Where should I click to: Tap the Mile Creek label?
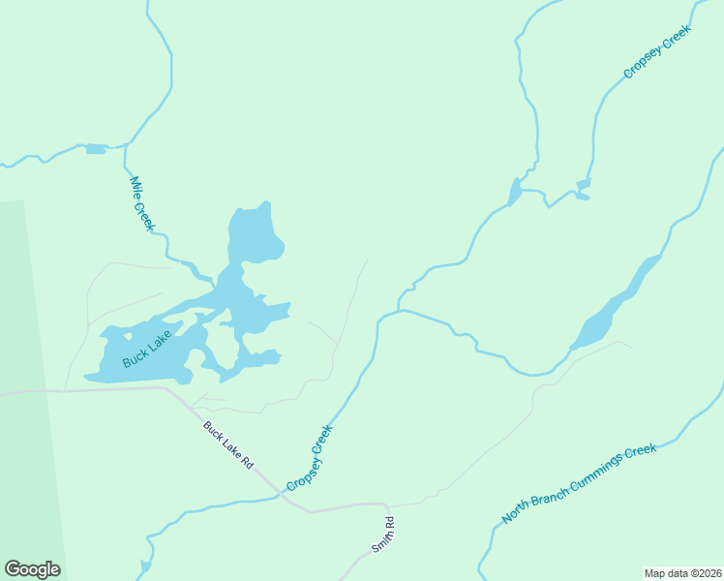(x=142, y=203)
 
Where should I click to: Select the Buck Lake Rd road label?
(x=228, y=445)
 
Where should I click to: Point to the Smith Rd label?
(x=383, y=535)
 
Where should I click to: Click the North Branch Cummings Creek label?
(x=579, y=483)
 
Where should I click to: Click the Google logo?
(x=32, y=569)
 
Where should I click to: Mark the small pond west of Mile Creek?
(x=95, y=149)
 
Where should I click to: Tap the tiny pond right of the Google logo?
(x=146, y=565)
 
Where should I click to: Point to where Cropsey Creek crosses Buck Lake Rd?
(x=284, y=493)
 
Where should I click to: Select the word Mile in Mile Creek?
(x=136, y=186)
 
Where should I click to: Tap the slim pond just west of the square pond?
(x=514, y=192)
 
